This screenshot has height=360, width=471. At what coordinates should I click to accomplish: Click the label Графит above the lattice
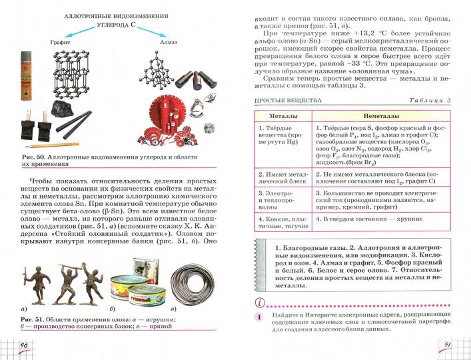[x=60, y=42]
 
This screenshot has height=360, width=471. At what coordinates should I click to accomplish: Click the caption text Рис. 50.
[x=33, y=156]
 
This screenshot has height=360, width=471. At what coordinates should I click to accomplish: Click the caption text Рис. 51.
[x=33, y=322]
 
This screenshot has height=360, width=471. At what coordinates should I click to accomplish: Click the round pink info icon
[x=256, y=302]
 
